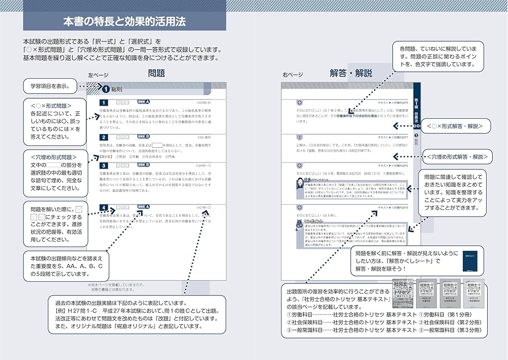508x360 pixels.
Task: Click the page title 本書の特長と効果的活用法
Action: tap(124, 22)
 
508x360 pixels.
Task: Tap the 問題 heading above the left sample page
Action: tap(156, 74)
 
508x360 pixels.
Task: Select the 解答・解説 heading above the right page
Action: tap(351, 74)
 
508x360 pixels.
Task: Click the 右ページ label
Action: tap(293, 75)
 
